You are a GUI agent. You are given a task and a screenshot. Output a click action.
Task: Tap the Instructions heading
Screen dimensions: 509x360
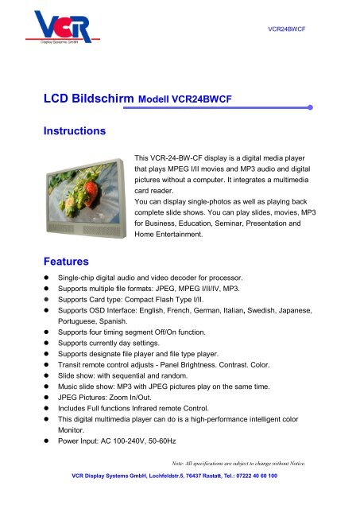pyautogui.click(x=75, y=130)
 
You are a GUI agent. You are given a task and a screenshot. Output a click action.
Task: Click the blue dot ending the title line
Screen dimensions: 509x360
pyautogui.click(x=312, y=105)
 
